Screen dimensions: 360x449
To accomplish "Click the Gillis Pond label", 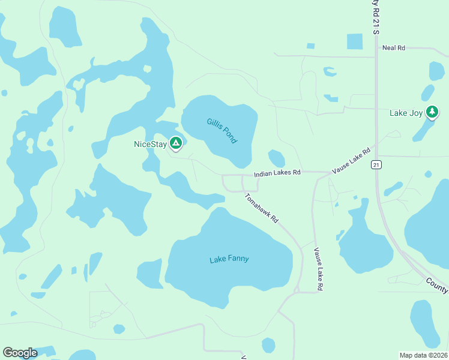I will click(222, 130).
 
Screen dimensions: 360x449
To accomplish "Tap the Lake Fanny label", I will click(229, 259).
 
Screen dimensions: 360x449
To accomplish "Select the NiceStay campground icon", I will click(175, 143).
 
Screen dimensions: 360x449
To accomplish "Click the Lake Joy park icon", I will click(432, 112).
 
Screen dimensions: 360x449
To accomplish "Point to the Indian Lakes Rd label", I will click(277, 173).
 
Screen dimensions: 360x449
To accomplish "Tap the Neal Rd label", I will click(394, 47).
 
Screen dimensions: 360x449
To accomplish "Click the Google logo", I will click(20, 352).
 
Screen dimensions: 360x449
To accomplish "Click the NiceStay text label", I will click(149, 144).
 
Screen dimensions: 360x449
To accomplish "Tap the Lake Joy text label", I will click(406, 113).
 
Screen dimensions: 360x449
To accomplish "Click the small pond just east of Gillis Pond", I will click(276, 158).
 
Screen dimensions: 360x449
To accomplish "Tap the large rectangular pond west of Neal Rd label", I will click(355, 41).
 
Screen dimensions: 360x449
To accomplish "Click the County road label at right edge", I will click(436, 286).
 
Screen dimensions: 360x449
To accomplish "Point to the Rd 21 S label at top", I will click(376, 17).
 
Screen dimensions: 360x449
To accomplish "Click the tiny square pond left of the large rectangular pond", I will click(310, 46).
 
